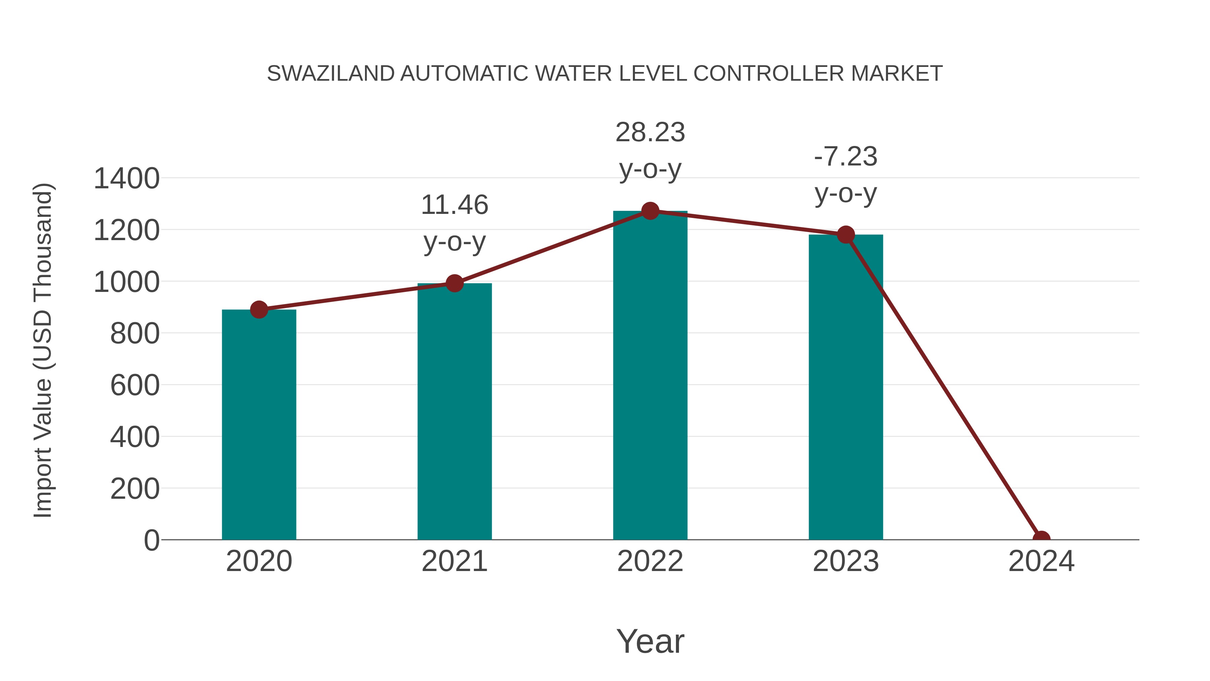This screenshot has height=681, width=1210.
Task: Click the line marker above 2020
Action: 259,309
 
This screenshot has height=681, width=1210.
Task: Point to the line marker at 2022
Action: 650,211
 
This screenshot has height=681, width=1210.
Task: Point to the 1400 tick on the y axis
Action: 126,179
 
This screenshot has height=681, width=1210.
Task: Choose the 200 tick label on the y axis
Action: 135,489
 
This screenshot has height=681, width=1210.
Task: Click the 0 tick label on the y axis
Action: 151,540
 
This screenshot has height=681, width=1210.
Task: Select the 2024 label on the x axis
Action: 1041,561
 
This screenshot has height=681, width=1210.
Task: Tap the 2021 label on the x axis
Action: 454,561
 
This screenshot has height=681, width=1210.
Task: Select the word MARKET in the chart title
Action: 896,74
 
